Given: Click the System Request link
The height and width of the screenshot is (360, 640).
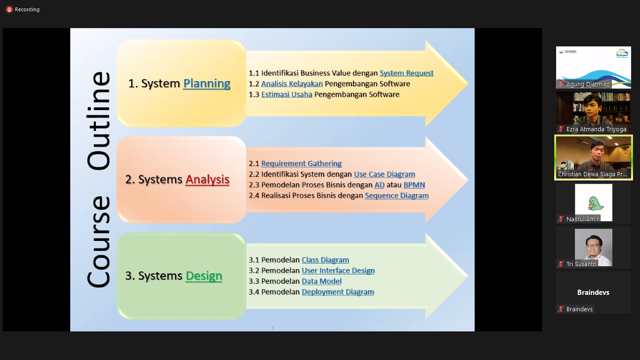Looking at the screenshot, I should tap(406, 73).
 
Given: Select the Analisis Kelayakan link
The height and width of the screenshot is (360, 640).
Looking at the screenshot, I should tap(292, 84).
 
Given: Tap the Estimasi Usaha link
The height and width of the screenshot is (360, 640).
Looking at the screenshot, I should tap(287, 94).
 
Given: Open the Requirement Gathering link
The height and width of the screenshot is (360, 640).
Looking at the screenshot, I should tap(301, 164).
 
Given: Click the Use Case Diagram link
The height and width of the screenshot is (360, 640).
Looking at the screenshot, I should tap(384, 174).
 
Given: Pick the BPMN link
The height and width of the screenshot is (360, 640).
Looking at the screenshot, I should tap(414, 185).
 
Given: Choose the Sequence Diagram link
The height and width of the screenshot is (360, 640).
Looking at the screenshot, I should tap(396, 195).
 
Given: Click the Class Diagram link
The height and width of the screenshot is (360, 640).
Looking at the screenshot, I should tap(325, 260).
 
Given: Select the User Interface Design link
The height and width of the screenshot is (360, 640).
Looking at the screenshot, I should tap(338, 270).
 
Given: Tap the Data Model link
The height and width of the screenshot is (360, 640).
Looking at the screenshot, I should tap(321, 281).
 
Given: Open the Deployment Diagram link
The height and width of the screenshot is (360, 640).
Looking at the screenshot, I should tap(338, 292).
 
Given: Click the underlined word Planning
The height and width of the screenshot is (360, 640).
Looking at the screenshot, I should tap(207, 83).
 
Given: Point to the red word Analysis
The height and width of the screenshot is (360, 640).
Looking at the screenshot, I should tap(207, 180).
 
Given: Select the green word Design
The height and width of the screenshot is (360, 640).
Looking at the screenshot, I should tap(204, 276).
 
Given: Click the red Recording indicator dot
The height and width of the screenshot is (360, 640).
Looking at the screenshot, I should tap(9, 9).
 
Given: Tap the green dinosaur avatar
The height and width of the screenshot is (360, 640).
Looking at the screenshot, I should tap(593, 202).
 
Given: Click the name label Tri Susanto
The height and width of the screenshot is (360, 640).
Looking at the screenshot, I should tap(581, 264).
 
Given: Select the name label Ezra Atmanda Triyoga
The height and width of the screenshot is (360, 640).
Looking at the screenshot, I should tap(596, 129).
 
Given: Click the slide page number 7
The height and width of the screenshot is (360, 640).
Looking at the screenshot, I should tap(272, 328).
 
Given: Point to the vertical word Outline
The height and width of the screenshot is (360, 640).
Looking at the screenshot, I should tap(98, 120).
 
